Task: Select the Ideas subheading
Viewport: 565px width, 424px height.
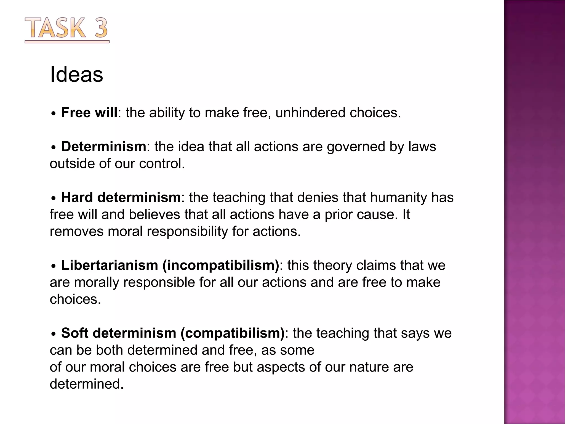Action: (x=76, y=75)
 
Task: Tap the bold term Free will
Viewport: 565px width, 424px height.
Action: (x=89, y=113)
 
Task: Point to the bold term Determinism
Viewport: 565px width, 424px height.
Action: (x=103, y=146)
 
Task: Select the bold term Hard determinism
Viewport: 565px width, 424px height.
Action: (x=121, y=197)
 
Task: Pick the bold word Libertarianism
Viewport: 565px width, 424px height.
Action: (x=110, y=265)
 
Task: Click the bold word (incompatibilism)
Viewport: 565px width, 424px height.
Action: (x=221, y=265)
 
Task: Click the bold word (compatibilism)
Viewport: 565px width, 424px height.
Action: (x=232, y=333)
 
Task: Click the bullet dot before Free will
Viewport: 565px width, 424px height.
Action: (x=54, y=113)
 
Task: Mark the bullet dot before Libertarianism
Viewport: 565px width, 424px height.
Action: (x=54, y=266)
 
